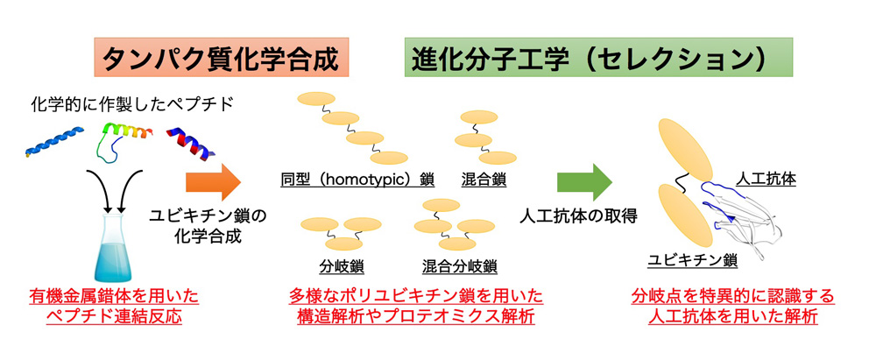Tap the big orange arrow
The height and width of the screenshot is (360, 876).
[213, 183]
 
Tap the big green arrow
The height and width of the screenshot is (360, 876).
[584, 183]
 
